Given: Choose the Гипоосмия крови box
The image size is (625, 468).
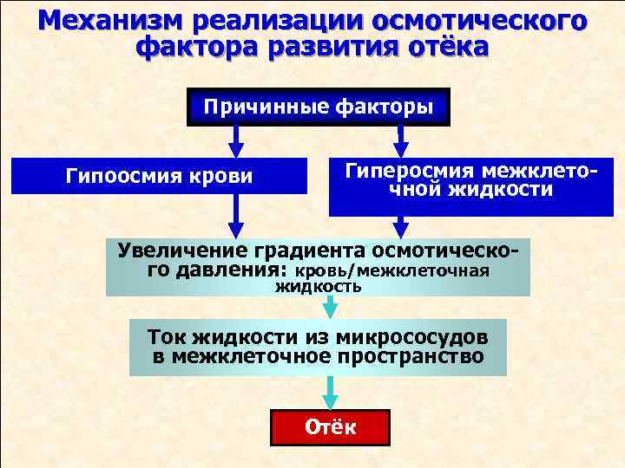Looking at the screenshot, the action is [x=160, y=177].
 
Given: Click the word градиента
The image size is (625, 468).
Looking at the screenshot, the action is [x=307, y=250].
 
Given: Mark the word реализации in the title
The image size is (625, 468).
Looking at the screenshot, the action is [x=258, y=20].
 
